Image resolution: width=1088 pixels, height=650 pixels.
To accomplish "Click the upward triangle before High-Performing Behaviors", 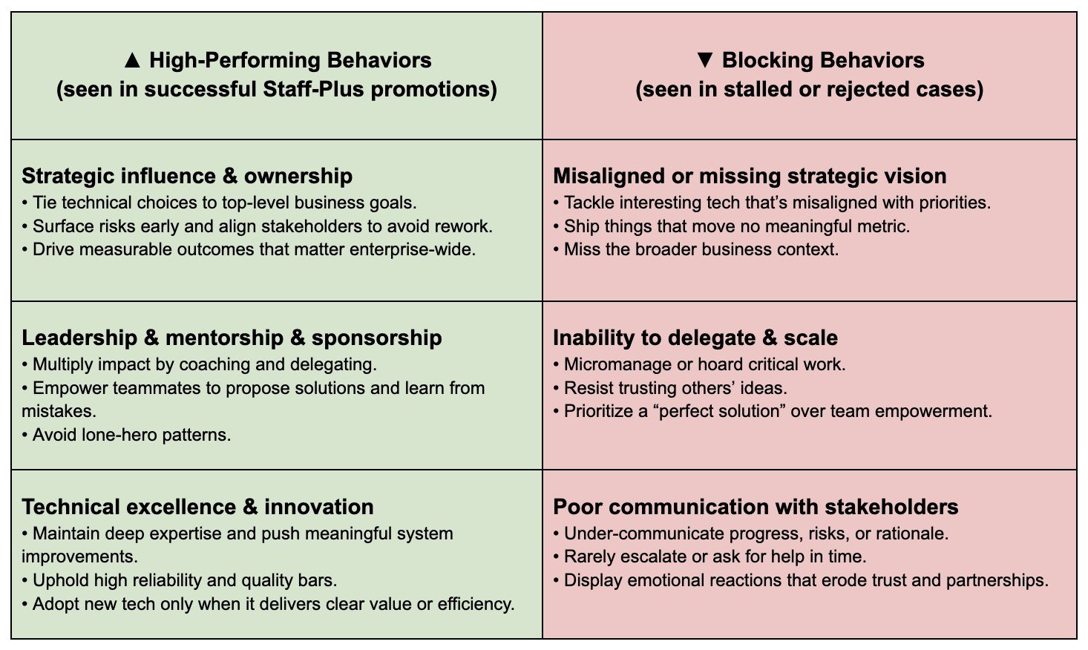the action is click(132, 60).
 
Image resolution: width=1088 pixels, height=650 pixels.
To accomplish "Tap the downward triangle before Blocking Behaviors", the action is click(705, 60).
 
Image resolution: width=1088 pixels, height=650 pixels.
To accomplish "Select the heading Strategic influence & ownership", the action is click(187, 176).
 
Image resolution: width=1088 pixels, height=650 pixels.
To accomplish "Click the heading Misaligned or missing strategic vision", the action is click(750, 176).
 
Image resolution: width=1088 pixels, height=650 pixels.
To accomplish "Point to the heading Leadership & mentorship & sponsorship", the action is click(232, 338).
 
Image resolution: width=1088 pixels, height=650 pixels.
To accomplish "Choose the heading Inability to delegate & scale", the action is click(695, 338).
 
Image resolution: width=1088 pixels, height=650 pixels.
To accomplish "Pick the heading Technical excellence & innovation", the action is click(197, 507).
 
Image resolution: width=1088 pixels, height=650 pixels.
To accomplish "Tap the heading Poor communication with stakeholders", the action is click(756, 507).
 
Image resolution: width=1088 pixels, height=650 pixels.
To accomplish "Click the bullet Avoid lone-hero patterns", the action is click(126, 435).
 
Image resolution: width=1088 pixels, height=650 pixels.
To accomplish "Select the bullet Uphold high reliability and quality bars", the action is click(179, 580).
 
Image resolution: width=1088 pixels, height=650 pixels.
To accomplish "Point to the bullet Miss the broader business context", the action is click(696, 249).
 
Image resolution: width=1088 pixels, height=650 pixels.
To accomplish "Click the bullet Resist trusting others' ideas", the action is click(670, 388).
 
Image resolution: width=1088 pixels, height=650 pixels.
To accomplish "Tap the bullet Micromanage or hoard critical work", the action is click(699, 364).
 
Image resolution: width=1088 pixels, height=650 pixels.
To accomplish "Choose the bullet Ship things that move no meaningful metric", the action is click(732, 226).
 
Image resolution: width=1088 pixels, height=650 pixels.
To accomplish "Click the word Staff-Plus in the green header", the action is click(313, 89).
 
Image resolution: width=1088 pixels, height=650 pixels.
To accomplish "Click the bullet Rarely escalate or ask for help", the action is click(710, 557).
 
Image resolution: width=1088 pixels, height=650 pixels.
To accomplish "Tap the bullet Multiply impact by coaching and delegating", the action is click(199, 364).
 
